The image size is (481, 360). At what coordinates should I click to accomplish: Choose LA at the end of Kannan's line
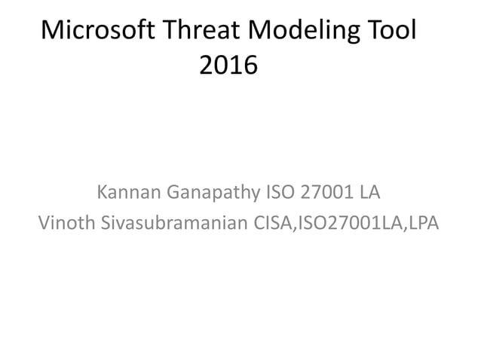(369, 194)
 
